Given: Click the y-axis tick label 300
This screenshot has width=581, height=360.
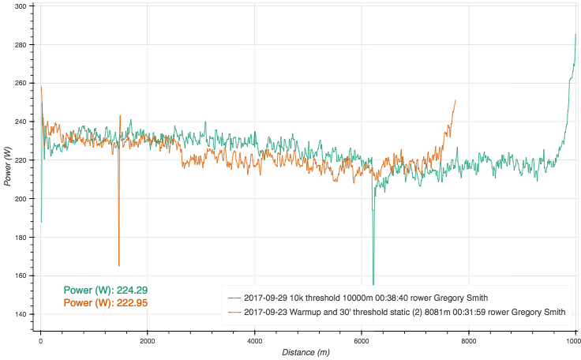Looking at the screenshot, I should pyautogui.click(x=21, y=6).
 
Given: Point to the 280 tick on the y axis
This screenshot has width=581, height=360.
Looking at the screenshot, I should pyautogui.click(x=21, y=45).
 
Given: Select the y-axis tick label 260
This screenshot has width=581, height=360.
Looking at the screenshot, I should pyautogui.click(x=21, y=83).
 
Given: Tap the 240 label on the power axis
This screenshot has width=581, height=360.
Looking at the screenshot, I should pyautogui.click(x=21, y=122).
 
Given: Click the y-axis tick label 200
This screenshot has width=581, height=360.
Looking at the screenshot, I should pyautogui.click(x=21, y=199).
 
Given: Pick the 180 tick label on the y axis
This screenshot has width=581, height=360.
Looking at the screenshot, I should pyautogui.click(x=21, y=238).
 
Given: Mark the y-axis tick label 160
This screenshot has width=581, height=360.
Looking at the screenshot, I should pyautogui.click(x=21, y=276).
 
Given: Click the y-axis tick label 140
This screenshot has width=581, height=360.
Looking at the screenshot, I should pyautogui.click(x=21, y=314).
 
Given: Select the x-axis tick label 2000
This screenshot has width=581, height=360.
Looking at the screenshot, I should pyautogui.click(x=147, y=341).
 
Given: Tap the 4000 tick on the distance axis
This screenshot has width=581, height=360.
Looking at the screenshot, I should pyautogui.click(x=254, y=341).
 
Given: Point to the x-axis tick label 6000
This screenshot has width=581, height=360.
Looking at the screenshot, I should pyautogui.click(x=362, y=341).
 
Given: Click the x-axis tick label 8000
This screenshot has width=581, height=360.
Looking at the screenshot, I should pyautogui.click(x=469, y=341).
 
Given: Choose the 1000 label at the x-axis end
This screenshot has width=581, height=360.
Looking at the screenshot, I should pyautogui.click(x=570, y=341).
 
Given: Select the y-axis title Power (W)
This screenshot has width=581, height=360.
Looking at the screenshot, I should pyautogui.click(x=8, y=166).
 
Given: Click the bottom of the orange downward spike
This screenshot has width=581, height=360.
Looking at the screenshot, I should pyautogui.click(x=118, y=266).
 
